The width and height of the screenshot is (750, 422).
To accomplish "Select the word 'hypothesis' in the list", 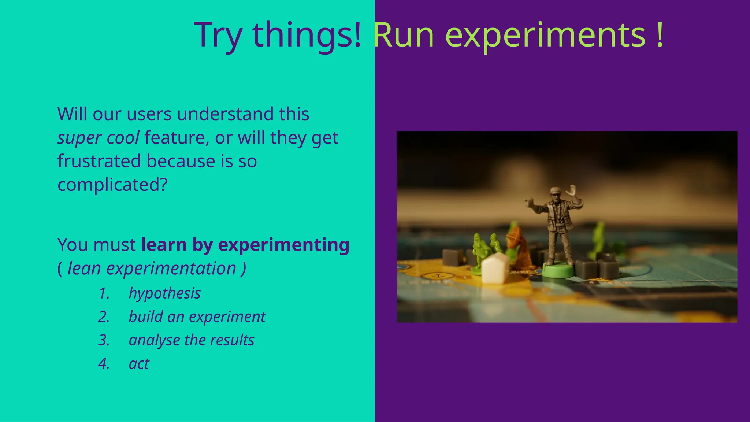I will pos(164,293).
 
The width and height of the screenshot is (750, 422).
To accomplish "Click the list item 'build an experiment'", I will pos(197,317).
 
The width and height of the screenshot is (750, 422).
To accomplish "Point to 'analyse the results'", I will pos(191,340).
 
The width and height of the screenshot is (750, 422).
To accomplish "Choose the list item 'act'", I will pos(139,364).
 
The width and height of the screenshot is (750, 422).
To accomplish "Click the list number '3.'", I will pos(104,340).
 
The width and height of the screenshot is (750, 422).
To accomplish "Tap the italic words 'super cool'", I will pos(98,138).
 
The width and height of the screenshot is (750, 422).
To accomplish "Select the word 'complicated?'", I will pos(112,185).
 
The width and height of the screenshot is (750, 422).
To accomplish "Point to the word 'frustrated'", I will pos(99,161).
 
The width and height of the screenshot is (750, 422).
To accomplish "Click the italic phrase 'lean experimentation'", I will pos(152,269).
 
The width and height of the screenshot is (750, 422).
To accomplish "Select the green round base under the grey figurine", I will pos(557,271).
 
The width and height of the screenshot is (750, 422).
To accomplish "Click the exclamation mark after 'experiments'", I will pos(660,36).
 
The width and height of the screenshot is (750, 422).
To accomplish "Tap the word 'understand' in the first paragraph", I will pos(226,114).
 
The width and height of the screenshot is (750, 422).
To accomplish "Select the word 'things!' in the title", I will pos(307,36).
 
